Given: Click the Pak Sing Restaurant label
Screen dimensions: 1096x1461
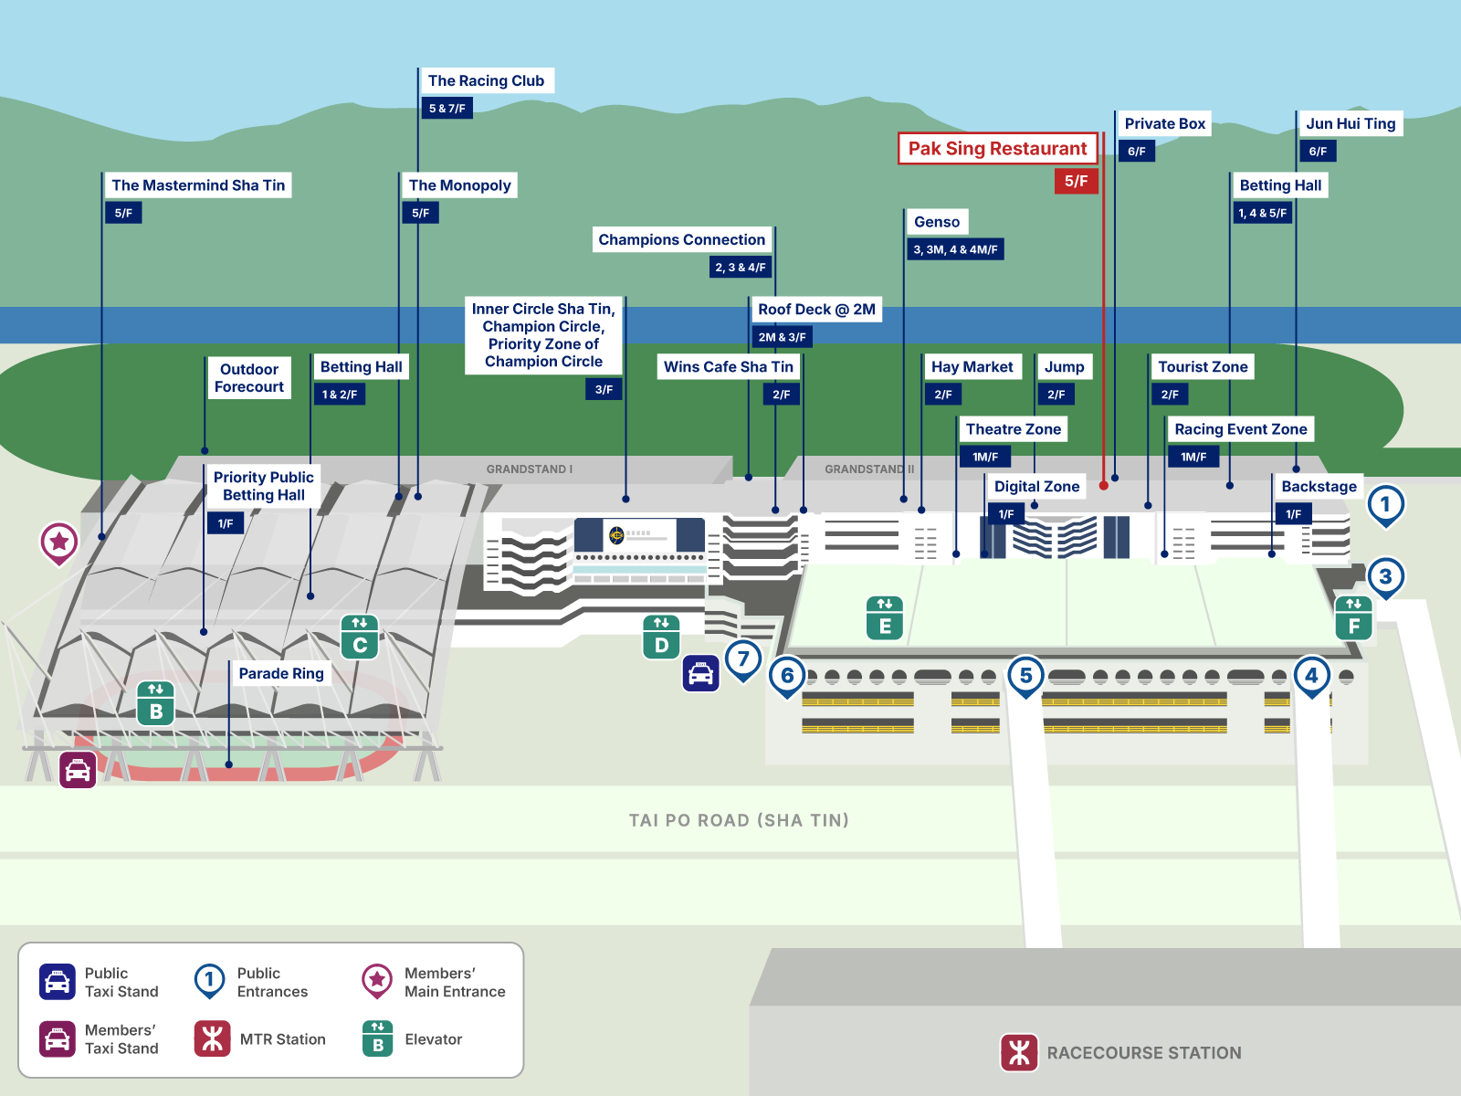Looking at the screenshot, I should coord(997,149).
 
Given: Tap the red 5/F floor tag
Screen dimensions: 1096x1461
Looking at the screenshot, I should coord(1076,181).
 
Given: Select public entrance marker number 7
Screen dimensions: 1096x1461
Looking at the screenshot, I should coord(743,659).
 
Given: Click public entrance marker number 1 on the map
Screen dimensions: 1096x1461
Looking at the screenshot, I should coord(1385,504).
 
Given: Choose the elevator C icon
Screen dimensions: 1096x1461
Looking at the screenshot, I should coord(360,637).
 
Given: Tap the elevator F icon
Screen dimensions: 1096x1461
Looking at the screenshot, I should coord(1353,616).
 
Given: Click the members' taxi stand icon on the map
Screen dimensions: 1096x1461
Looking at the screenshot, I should coord(78,770).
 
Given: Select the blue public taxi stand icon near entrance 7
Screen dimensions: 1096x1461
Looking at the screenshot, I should coord(700,674).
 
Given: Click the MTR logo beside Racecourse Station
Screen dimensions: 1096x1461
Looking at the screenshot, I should coord(1019,1052).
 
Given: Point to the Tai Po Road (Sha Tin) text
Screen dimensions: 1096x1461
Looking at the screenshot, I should coord(739,820).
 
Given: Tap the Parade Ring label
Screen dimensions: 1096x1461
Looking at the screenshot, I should coord(281,674).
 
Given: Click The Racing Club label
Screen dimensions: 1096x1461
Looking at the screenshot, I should coord(486,81).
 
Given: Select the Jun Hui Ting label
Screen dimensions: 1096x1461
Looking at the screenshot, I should coord(1351,124).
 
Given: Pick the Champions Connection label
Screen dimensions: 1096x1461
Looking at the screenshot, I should coord(681,240).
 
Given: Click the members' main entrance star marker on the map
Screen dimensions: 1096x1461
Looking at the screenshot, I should coord(59,542).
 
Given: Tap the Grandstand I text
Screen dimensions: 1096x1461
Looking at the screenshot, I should coord(529,469).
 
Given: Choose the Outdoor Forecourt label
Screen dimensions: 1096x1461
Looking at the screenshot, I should coord(248,378).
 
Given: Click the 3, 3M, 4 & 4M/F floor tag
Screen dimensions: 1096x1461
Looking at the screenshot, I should coord(955,249).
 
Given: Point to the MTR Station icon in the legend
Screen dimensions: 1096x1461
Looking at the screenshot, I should coord(212,1038).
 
